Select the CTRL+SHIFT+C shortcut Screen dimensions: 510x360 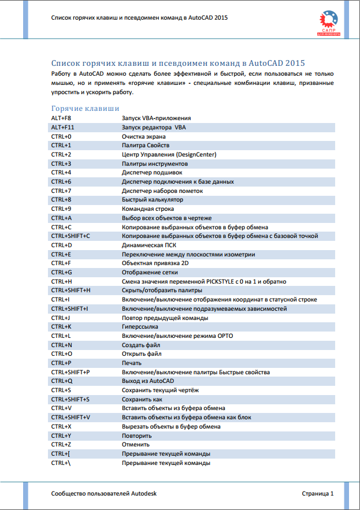[70, 236]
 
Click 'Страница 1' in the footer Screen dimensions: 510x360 [318, 494]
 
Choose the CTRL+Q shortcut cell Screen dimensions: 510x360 [62, 381]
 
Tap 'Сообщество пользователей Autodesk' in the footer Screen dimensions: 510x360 [104, 494]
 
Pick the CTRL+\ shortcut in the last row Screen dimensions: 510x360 [61, 463]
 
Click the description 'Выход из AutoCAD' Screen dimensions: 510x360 [148, 381]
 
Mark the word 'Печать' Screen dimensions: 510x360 [132, 363]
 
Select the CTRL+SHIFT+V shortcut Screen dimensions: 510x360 [70, 417]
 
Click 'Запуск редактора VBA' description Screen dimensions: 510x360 [154, 127]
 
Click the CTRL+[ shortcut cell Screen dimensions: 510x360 [61, 453]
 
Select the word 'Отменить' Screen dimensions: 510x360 [136, 444]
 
